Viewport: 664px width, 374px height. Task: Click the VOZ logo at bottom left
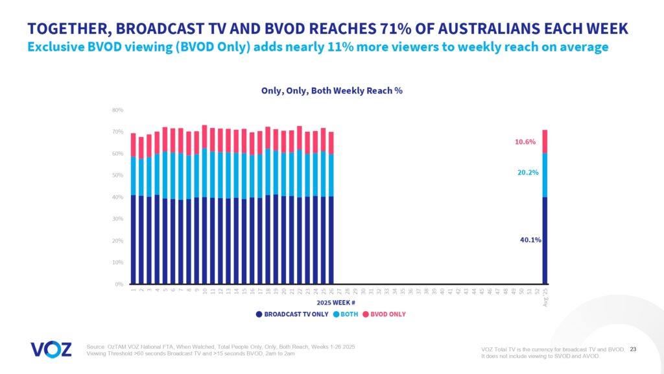coord(51,349)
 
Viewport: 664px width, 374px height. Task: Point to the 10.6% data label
coord(525,142)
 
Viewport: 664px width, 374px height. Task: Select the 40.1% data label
coord(530,240)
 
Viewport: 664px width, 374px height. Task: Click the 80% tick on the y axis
coord(117,110)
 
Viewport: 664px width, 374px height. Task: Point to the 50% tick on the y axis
coord(117,175)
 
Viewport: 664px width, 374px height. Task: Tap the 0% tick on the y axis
coord(119,284)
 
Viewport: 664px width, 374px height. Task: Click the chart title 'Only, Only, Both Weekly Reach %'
coord(331,90)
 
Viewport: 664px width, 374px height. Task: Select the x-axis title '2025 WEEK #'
coord(335,303)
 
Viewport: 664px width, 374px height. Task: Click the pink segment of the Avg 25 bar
coord(545,142)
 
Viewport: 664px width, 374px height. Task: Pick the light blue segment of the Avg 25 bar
coord(545,175)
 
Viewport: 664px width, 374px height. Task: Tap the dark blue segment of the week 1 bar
coord(134,240)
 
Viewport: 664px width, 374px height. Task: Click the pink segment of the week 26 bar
coord(331,143)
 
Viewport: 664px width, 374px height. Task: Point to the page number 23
coord(634,350)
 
